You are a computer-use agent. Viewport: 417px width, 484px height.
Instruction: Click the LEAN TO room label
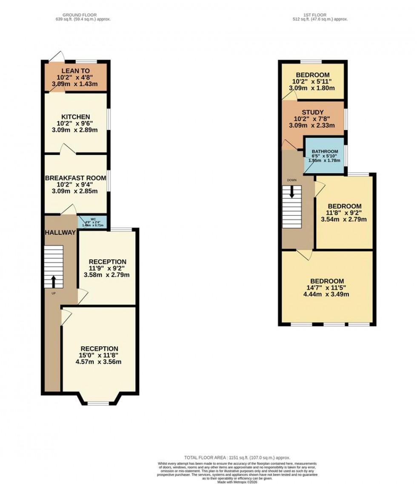[75, 71]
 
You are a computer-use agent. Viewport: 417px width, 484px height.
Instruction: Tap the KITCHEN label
[75, 117]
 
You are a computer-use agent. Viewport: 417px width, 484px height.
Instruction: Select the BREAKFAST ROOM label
[75, 178]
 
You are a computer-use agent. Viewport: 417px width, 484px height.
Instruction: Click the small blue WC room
[92, 222]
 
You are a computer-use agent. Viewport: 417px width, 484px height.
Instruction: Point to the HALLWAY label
[60, 233]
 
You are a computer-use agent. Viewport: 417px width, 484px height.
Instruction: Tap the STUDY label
[313, 112]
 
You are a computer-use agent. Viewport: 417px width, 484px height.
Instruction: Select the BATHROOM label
[325, 152]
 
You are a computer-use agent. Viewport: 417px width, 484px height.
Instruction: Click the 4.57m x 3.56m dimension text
[99, 363]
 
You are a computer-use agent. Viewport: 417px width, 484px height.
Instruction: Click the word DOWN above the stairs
[292, 180]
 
